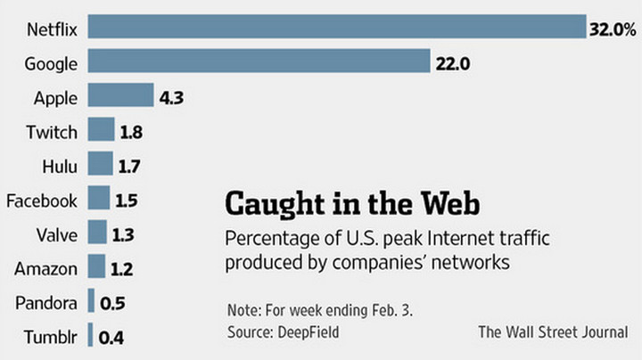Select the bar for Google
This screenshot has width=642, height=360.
(x=259, y=63)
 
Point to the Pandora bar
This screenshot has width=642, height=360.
(x=92, y=302)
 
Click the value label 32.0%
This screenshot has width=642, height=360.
(x=612, y=29)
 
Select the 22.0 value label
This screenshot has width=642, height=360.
(x=452, y=64)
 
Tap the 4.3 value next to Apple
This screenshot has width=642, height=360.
(x=171, y=98)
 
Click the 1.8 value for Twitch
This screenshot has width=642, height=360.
(x=131, y=133)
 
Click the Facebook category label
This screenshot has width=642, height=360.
(x=42, y=200)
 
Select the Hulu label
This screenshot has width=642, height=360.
(x=60, y=166)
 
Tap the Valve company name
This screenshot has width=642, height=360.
(x=58, y=234)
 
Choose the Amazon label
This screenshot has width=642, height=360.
(x=46, y=268)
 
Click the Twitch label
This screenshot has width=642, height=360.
(x=52, y=132)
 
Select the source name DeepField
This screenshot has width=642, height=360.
(x=309, y=331)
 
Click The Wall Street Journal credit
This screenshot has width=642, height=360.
(x=553, y=332)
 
